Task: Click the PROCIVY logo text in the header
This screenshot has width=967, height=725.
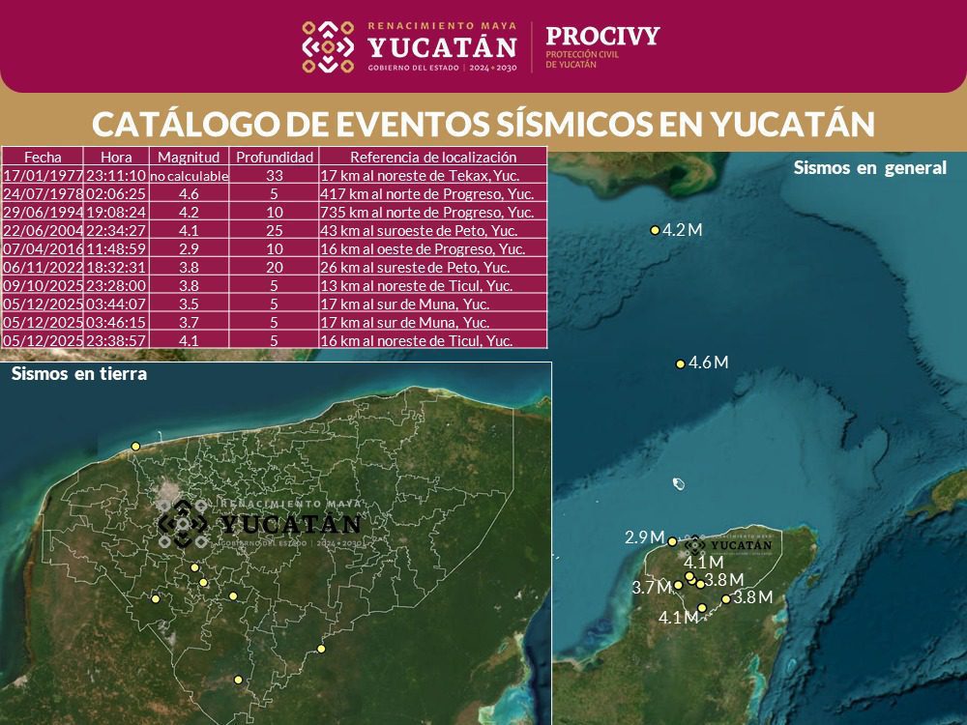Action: pos(601,37)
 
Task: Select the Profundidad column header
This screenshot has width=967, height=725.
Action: pos(276,157)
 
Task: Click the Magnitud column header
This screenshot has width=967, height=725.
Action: pos(190,157)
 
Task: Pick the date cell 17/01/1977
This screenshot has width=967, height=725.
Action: pos(43,176)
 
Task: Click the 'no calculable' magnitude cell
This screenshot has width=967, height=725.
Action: pos(190,176)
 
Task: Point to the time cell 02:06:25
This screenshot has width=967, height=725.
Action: pos(116,193)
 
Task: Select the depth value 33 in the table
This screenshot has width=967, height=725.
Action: pos(276,176)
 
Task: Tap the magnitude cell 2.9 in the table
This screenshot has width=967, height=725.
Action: pos(190,248)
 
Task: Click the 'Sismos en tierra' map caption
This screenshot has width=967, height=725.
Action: pos(79,374)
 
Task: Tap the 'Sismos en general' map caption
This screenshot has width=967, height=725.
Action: pos(869,167)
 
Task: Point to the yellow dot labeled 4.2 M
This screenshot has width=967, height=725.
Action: pos(655,230)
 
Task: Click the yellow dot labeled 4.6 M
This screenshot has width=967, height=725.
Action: pos(680,363)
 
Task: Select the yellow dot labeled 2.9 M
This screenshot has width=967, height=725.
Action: pos(672,541)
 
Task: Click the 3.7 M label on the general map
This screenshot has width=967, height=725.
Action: pos(651,588)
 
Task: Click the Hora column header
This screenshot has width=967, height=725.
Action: pos(116,157)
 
